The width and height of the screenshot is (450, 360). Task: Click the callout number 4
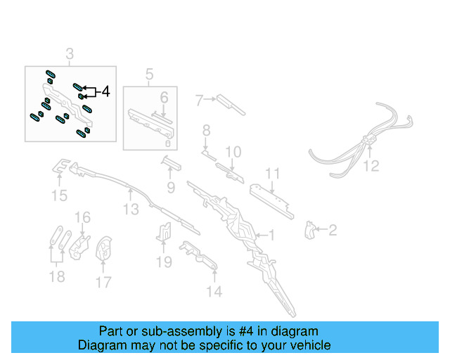point(105,91)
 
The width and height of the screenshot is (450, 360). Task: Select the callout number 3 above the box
point(70,54)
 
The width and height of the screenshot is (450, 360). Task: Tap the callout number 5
point(149,74)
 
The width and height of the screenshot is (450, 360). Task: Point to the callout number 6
point(163,98)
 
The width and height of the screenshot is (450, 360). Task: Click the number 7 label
point(200,101)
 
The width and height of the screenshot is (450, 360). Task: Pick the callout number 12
point(371,166)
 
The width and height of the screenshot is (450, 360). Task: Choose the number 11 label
point(272,174)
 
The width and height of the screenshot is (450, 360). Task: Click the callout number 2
point(333,230)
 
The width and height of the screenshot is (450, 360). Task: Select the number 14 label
point(214,291)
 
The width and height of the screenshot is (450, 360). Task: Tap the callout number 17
point(103,283)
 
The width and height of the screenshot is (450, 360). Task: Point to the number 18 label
point(55,278)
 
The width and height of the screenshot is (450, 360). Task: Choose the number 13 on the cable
point(131,209)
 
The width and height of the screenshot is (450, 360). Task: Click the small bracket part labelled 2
point(309,229)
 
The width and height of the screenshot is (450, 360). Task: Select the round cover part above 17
point(104,247)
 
